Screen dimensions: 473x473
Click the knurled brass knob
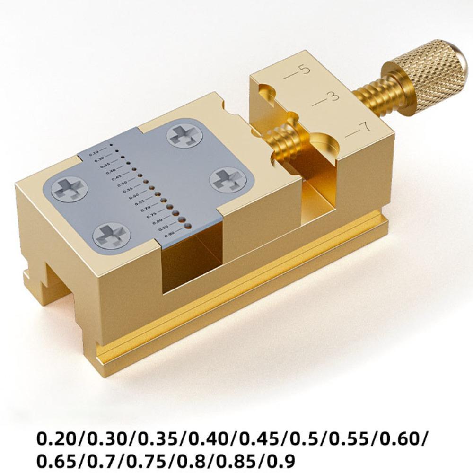click(428, 76)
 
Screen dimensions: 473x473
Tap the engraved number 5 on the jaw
click(305, 70)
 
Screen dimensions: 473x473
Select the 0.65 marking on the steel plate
click(140, 202)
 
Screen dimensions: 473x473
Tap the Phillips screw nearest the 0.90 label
click(111, 235)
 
